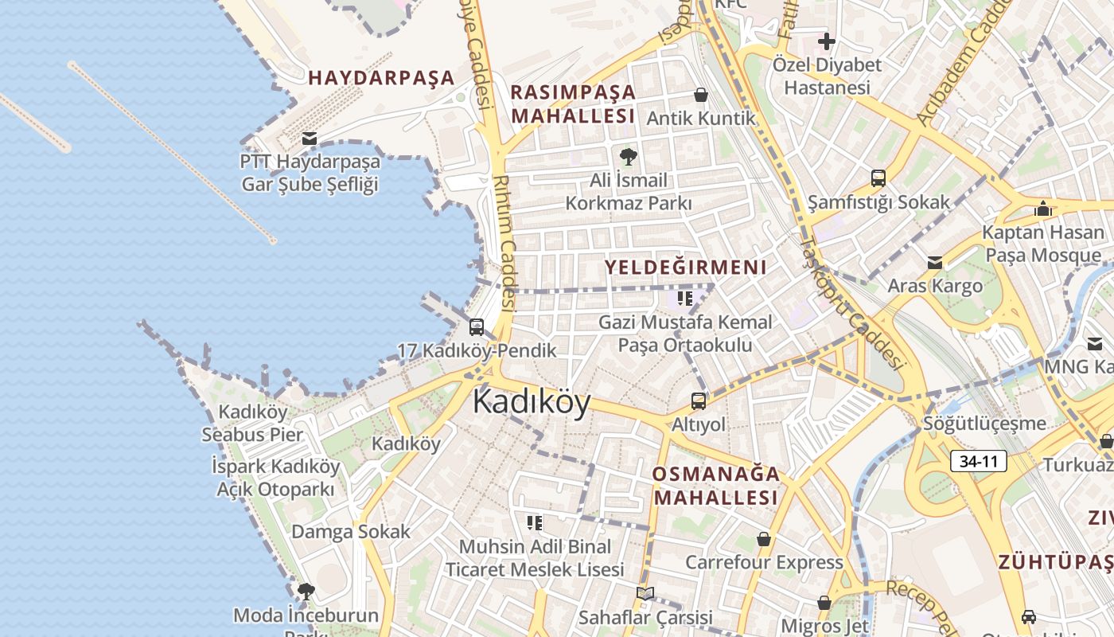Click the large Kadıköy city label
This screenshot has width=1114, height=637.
tap(532, 402)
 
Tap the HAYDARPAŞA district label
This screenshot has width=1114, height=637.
tap(381, 78)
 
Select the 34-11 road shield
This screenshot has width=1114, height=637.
tap(979, 461)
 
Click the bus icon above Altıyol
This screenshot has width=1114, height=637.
tap(699, 401)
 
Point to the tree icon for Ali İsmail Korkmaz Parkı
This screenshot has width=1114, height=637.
tap(629, 156)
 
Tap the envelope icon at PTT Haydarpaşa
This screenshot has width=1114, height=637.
tap(310, 139)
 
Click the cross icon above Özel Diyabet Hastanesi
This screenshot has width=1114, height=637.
tap(827, 41)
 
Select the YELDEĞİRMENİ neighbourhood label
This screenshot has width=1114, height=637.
tap(686, 268)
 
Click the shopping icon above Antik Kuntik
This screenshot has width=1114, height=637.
tap(701, 96)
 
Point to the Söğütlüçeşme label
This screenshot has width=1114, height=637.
tap(984, 423)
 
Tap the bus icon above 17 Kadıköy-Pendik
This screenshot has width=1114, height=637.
tap(477, 327)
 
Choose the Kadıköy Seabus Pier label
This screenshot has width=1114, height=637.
tap(252, 424)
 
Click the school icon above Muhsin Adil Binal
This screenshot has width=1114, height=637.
tap(535, 523)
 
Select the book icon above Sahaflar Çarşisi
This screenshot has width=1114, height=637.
tap(645, 593)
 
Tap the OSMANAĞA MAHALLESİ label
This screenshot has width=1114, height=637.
tap(715, 486)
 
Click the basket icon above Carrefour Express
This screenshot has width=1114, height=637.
tap(764, 539)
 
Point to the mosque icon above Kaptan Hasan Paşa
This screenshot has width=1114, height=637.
tap(1042, 209)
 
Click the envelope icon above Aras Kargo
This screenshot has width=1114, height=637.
tap(935, 262)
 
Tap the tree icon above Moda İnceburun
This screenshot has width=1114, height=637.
tap(306, 591)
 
